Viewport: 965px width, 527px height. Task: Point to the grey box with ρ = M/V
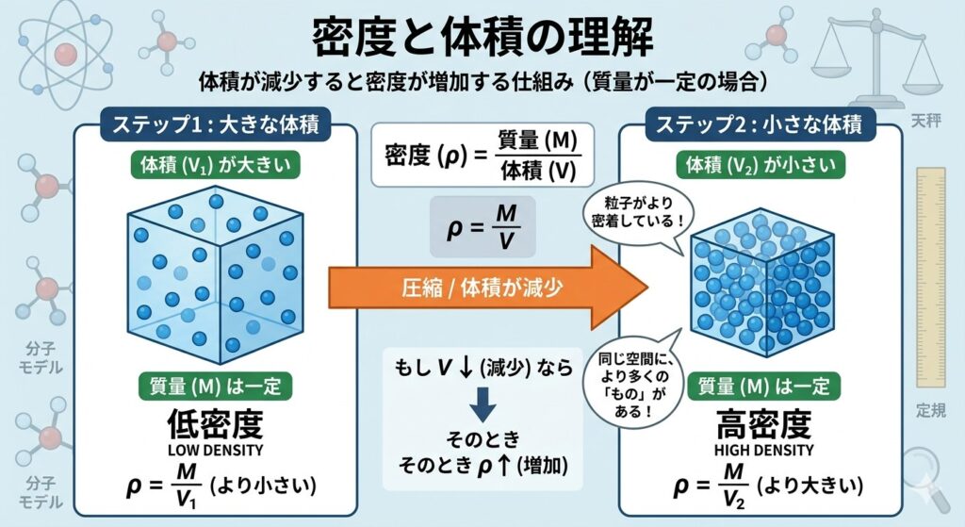(482, 227)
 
